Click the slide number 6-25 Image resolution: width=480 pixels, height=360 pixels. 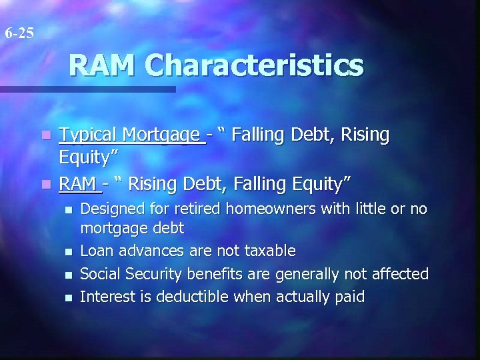click(x=18, y=32)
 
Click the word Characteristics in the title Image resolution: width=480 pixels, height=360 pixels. click(x=255, y=65)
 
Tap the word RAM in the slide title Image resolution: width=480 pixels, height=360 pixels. click(x=103, y=65)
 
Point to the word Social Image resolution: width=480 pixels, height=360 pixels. click(x=98, y=274)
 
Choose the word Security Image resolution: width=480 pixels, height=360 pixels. click(x=152, y=274)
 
